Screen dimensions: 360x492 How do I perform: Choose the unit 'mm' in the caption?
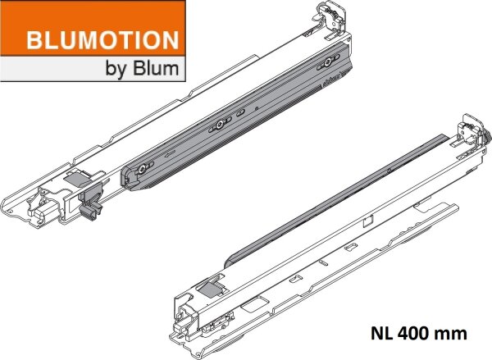click(451, 334)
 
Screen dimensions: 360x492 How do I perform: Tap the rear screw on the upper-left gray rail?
click(327, 63)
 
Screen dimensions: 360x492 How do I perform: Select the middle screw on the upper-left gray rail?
click(220, 124)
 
